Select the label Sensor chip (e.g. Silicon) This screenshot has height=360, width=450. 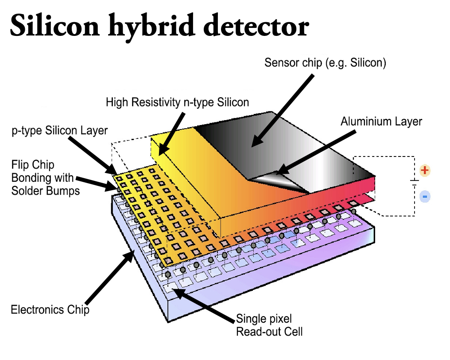pos(325,63)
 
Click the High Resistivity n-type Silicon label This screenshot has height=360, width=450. pos(177,102)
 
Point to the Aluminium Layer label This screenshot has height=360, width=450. pos(381,121)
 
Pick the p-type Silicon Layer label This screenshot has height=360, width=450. pos(60,130)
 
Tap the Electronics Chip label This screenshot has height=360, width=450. pos(50,309)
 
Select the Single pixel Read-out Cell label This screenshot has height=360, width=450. pos(269,325)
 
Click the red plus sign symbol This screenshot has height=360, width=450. pos(425,170)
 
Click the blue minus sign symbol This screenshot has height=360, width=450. pos(425,196)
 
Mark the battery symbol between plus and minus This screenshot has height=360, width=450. pos(415,182)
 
